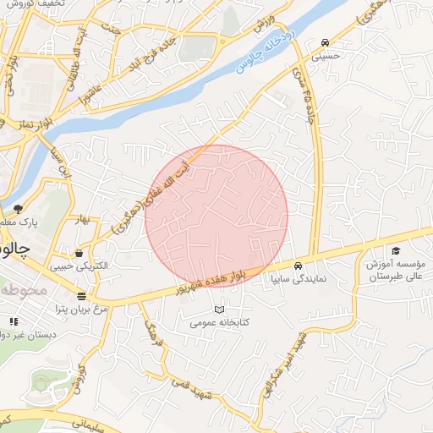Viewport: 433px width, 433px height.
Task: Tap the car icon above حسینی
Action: coord(326,43)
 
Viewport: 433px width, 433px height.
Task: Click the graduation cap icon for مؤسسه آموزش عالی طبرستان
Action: coord(396,250)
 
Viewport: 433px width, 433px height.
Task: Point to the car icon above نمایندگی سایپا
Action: coord(310,263)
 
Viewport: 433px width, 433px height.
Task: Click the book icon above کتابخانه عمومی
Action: coord(221,310)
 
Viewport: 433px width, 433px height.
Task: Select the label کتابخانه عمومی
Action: coord(221,322)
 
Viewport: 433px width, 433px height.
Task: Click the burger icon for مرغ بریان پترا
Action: coord(81,296)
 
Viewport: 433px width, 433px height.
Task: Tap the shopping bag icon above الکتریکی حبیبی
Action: coord(79,252)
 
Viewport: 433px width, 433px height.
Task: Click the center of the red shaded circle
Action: coord(216,216)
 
